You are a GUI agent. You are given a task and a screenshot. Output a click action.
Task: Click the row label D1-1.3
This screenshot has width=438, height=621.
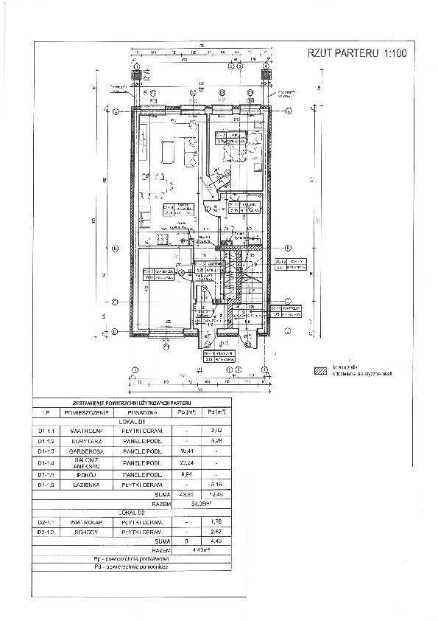click(48, 450)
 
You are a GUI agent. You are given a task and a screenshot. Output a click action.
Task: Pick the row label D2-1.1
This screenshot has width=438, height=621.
click(48, 521)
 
